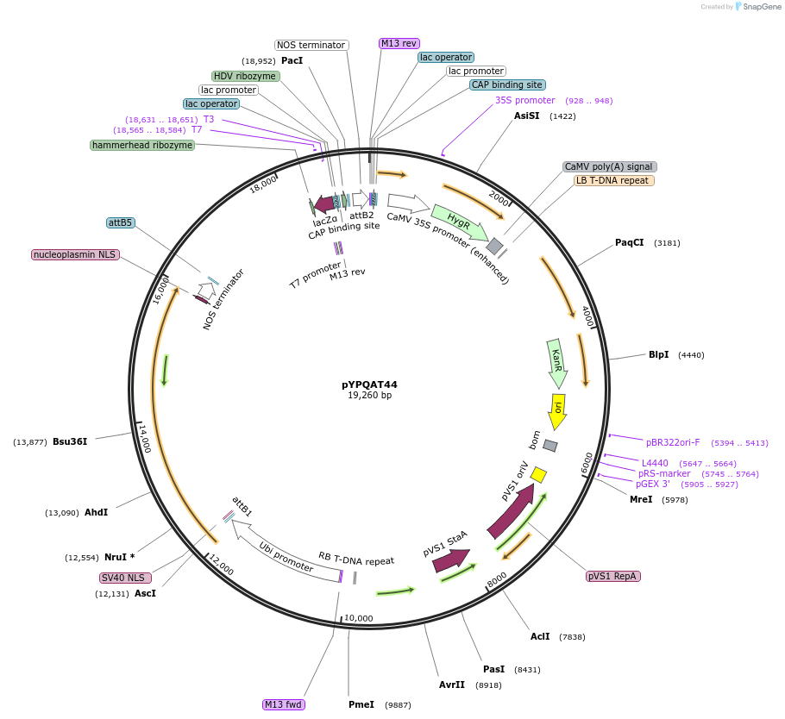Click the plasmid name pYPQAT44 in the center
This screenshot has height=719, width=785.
tap(369, 385)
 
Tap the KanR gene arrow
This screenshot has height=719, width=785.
tap(557, 363)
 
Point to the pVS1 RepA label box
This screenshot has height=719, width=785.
tap(613, 576)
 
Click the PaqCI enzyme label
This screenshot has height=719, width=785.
tap(629, 242)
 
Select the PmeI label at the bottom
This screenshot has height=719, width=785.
tap(361, 704)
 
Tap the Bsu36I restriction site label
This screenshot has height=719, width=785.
tap(70, 441)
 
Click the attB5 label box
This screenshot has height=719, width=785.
tap(121, 222)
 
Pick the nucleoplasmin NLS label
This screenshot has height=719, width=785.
tap(74, 254)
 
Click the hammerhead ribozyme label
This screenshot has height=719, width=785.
tap(142, 145)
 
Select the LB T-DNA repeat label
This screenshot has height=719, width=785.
tap(614, 180)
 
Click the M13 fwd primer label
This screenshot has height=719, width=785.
tap(284, 704)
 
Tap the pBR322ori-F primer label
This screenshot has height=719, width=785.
tap(673, 442)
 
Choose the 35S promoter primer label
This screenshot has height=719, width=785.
tap(524, 100)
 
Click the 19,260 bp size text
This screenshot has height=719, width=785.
tap(369, 396)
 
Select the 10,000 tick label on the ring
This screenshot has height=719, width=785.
tap(359, 618)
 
